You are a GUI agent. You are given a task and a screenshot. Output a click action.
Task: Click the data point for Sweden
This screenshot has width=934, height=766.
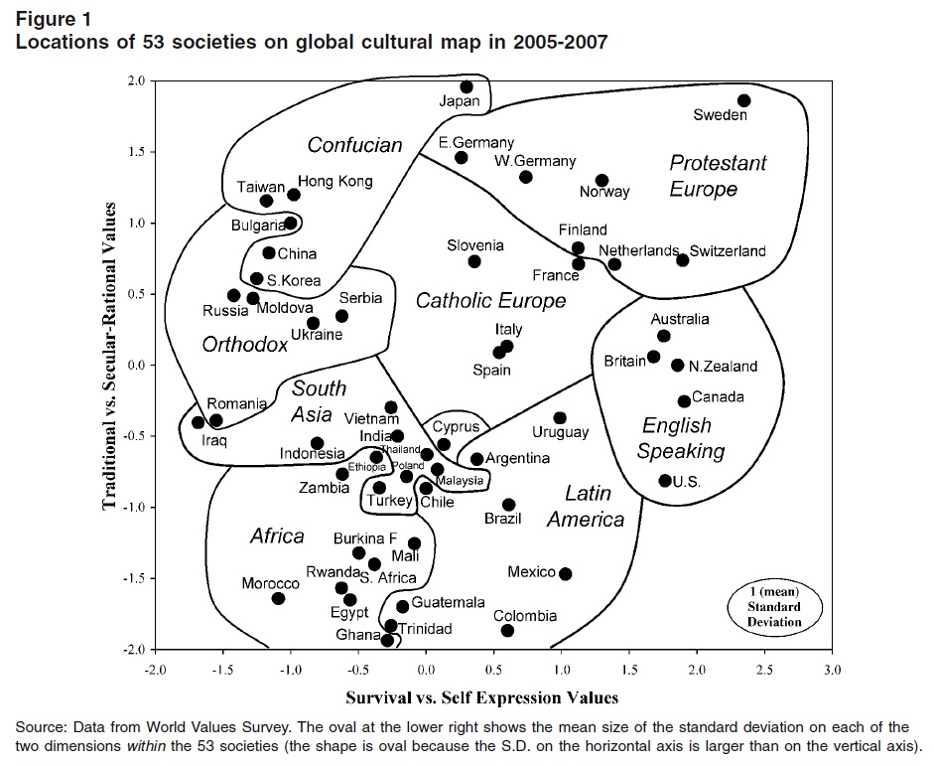point(744,100)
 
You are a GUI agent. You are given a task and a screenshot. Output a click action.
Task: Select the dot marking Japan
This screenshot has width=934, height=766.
point(467,87)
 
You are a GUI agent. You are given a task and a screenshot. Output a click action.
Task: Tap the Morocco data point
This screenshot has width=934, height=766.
point(278,598)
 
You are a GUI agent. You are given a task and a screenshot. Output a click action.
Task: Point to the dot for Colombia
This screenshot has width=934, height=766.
point(507,631)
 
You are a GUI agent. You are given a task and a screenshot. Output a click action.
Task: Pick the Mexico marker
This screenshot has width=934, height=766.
point(565,573)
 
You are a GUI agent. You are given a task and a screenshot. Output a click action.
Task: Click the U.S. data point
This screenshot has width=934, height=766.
point(665,481)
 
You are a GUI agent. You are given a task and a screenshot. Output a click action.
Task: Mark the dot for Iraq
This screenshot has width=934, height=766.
point(198,422)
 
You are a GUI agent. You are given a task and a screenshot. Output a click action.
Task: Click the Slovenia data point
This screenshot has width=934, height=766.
point(474,261)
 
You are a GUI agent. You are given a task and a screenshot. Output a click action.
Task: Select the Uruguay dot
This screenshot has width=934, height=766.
point(560,418)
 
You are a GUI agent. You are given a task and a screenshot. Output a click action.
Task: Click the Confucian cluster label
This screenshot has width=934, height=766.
point(354,145)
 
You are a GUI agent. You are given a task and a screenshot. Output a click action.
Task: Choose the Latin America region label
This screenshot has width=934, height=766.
point(587,506)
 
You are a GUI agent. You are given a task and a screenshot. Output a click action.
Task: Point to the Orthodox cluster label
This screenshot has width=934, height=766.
point(245,345)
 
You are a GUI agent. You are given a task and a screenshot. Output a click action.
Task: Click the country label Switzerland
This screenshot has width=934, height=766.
point(728,250)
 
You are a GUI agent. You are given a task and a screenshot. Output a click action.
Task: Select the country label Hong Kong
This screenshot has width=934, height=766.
point(335,181)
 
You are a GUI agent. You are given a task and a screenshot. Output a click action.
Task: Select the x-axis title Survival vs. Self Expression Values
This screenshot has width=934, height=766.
point(481,696)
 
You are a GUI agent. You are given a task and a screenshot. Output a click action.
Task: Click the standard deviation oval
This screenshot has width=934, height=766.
point(774,606)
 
